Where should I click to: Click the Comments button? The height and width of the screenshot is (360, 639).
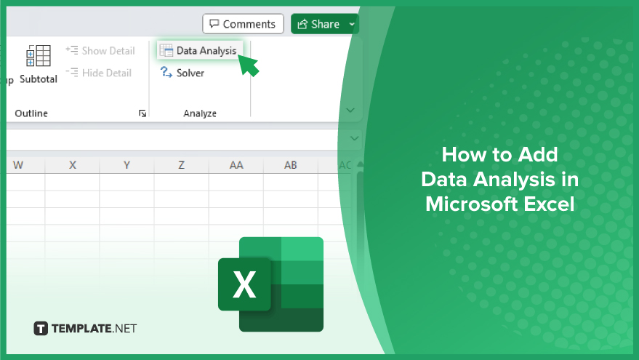(x=243, y=24)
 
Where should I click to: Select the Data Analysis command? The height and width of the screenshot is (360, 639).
(x=200, y=51)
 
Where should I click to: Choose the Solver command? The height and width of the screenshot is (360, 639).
(x=182, y=73)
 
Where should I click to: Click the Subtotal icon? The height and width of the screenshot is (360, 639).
(x=39, y=56)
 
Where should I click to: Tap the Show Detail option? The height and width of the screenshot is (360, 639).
(x=100, y=51)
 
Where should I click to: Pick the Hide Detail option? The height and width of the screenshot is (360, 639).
(x=99, y=73)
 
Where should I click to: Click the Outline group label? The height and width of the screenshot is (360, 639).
(x=31, y=113)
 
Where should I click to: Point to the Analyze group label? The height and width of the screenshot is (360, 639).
(x=200, y=113)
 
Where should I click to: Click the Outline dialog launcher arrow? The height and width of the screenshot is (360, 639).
(x=142, y=113)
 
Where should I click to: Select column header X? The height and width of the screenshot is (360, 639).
(x=73, y=165)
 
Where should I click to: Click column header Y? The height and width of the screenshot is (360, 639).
(x=126, y=165)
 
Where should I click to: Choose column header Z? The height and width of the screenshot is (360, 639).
(x=181, y=165)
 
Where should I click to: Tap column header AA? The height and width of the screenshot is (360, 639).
(x=236, y=165)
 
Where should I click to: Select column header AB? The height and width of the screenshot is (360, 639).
(x=291, y=165)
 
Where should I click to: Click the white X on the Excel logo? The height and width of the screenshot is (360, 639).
(x=244, y=284)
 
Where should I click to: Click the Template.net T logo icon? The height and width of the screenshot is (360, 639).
(x=41, y=329)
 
